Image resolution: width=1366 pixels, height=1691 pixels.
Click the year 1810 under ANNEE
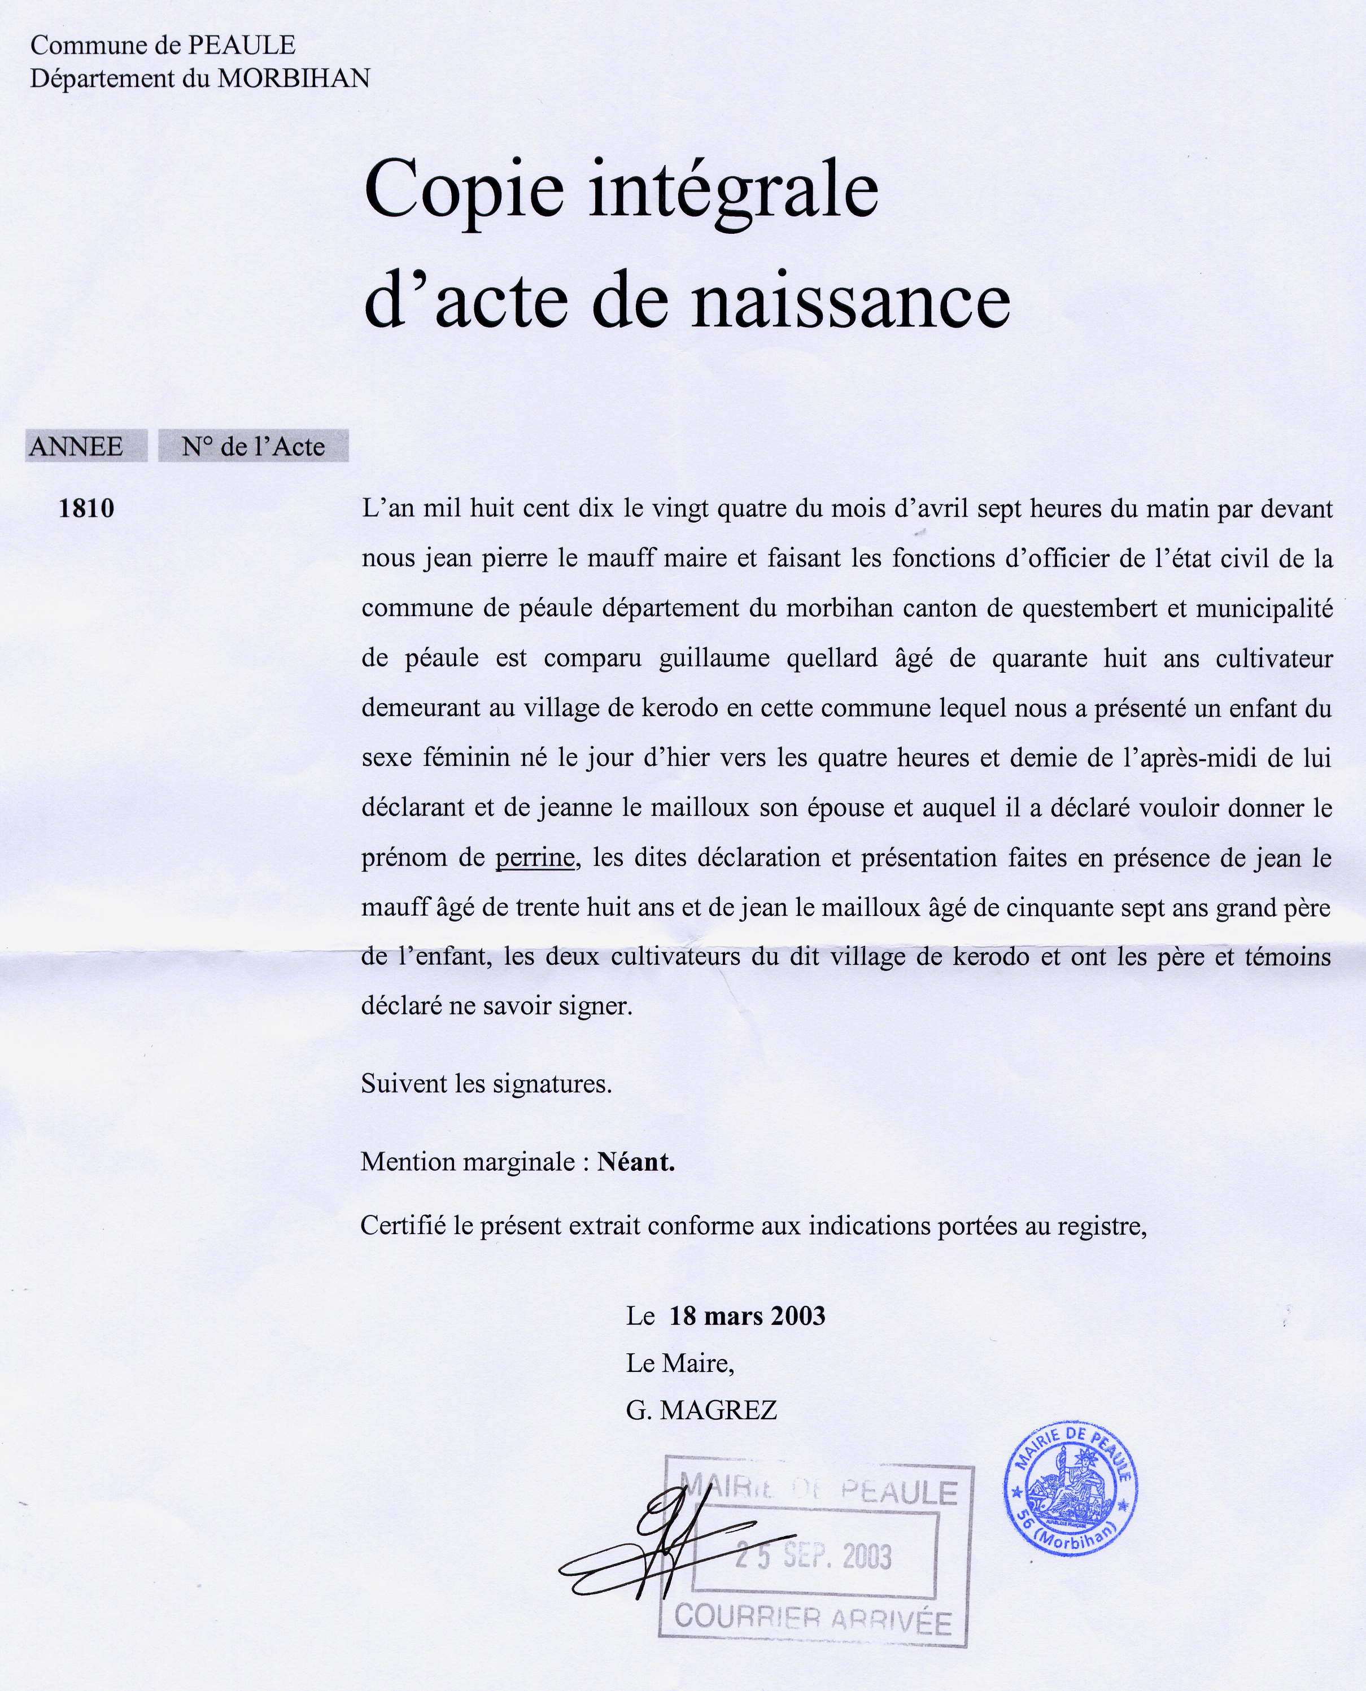pyautogui.click(x=86, y=508)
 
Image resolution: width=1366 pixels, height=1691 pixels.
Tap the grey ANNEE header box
pyautogui.click(x=86, y=446)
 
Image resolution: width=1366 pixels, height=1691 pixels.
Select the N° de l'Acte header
pyautogui.click(x=254, y=446)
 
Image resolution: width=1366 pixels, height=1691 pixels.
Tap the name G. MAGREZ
pyautogui.click(x=701, y=1410)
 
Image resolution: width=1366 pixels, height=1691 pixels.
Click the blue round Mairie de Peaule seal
pyautogui.click(x=1071, y=1489)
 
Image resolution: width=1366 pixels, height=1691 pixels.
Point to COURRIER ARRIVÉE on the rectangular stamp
pyautogui.click(x=813, y=1619)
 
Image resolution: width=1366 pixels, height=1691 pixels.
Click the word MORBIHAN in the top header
pyautogui.click(x=294, y=79)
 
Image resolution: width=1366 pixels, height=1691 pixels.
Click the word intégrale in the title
pyautogui.click(x=734, y=191)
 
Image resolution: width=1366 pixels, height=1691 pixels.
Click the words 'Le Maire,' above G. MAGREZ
pyautogui.click(x=680, y=1363)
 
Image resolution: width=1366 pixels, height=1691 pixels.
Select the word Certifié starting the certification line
pyautogui.click(x=403, y=1225)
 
